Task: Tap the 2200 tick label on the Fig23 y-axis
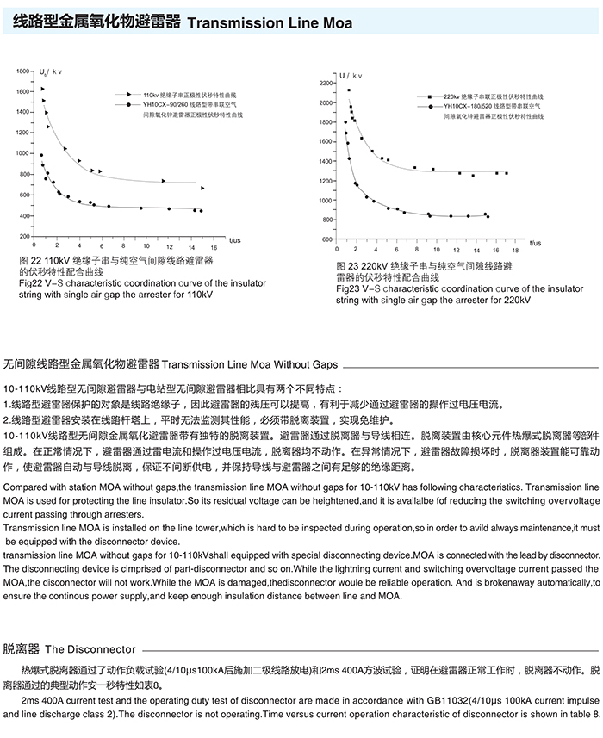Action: coord(325,84)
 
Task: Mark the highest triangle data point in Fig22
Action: coord(42,89)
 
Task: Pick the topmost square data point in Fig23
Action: coord(349,90)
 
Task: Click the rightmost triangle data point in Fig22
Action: coord(203,188)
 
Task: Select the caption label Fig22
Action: coord(29,283)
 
